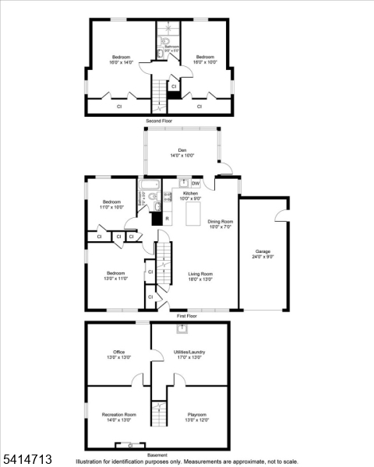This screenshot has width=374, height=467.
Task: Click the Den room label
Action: pos(182,152)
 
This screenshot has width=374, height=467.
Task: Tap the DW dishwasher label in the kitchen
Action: pos(196,184)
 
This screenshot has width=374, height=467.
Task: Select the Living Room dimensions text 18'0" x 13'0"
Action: pos(200,279)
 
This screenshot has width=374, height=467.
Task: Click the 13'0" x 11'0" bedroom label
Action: pos(115,276)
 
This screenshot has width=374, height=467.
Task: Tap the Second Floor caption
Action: pos(160,121)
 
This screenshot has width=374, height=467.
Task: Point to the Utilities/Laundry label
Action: pos(189,355)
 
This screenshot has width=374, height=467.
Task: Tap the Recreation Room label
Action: pos(119,417)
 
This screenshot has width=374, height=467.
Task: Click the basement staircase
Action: pos(159,413)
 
